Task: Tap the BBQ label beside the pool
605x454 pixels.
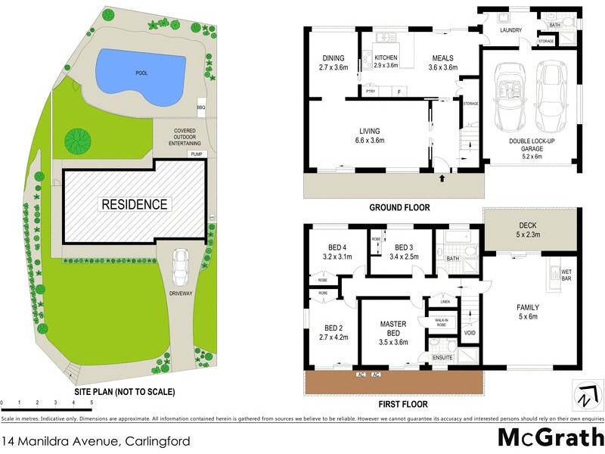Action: tap(201, 107)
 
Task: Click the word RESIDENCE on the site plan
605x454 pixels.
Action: tap(135, 204)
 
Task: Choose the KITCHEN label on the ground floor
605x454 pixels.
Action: tap(386, 58)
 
